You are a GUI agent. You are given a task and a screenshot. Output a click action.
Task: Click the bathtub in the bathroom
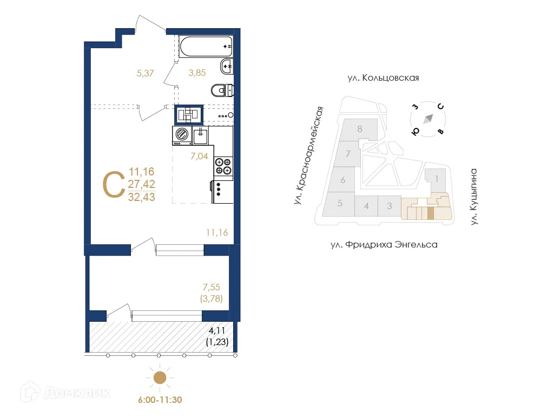tap(206, 47)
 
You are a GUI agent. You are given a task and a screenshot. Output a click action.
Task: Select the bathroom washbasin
tap(227, 67)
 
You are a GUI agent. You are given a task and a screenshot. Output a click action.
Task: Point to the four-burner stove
tap(223, 166)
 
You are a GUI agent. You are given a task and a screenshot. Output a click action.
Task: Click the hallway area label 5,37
tap(145, 73)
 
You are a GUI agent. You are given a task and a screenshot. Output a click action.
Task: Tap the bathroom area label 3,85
tap(196, 73)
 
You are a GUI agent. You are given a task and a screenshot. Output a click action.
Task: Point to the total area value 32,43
tap(142, 197)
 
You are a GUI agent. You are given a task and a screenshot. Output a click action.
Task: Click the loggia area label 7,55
tap(212, 287)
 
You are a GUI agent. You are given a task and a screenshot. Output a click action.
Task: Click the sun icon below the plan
tap(159, 378)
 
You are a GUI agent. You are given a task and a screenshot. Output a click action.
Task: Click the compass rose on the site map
tap(428, 119)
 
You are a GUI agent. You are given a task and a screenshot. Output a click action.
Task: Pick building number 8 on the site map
tap(359, 129)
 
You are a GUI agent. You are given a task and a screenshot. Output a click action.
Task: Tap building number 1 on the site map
tap(436, 177)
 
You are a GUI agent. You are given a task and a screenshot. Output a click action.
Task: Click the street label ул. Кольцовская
tap(383, 78)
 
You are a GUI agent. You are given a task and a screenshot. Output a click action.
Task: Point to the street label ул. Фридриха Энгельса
tap(384, 245)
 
